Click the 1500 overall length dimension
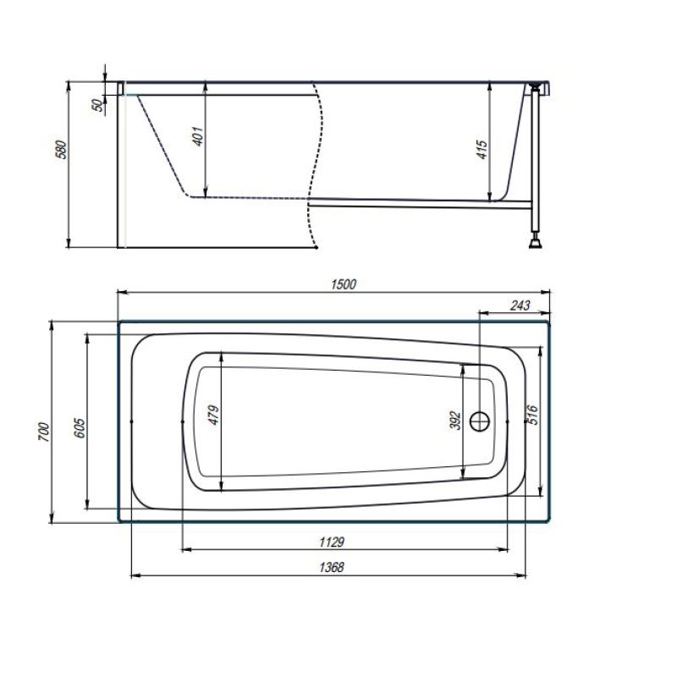click(344, 284)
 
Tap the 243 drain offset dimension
click(520, 305)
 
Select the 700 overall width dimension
click(45, 432)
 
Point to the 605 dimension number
click(80, 428)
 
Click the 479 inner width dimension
click(214, 415)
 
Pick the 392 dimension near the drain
click(455, 421)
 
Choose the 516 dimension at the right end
click(533, 415)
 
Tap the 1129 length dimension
click(332, 542)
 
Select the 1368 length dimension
click(332, 567)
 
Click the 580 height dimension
click(62, 150)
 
